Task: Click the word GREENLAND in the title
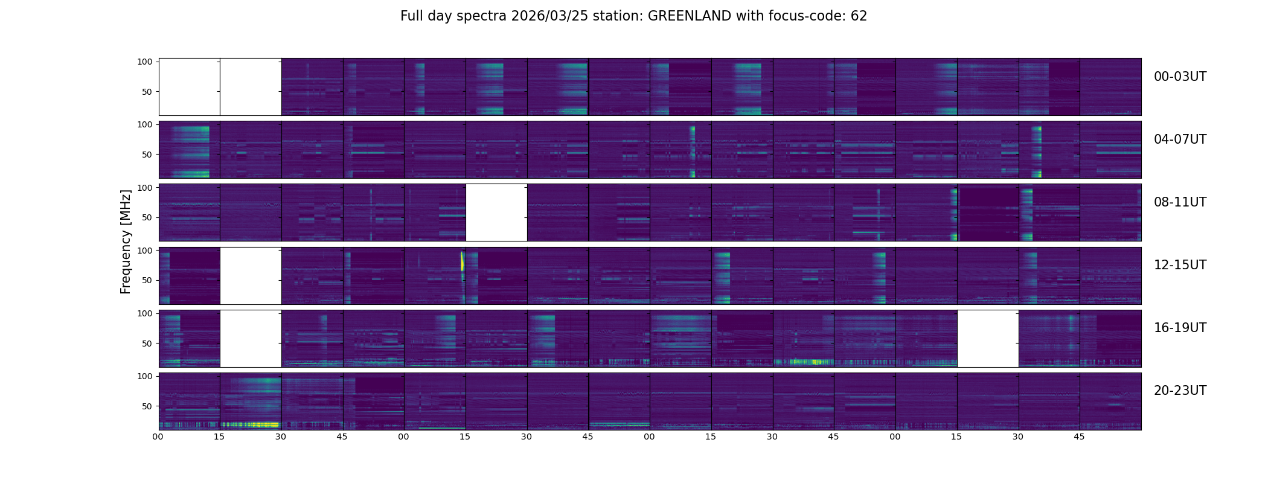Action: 690,16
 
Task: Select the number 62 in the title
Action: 859,16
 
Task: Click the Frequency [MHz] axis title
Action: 126,241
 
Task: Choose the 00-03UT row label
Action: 1180,77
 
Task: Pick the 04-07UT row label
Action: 1180,139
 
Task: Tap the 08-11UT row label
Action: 1180,202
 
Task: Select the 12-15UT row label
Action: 1180,265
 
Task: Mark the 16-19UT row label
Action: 1180,328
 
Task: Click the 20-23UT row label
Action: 1180,391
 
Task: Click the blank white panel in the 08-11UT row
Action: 496,213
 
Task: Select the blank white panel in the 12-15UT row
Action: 251,275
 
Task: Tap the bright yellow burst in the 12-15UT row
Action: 463,261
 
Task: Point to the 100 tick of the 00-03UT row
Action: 145,62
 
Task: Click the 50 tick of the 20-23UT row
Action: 147,406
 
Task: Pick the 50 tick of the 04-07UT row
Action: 147,155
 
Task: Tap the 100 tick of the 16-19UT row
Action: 145,313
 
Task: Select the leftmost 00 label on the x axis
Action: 158,437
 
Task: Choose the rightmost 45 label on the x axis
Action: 1080,437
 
